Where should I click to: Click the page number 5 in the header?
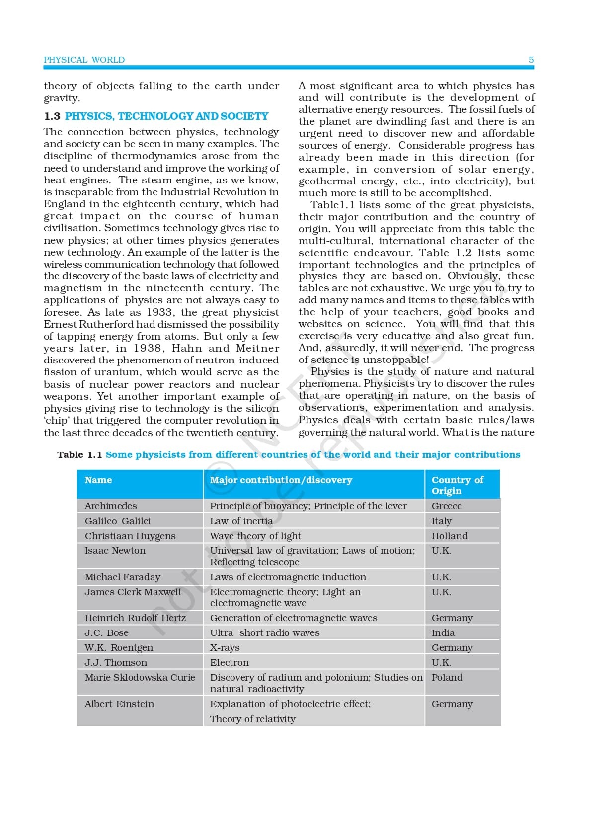coord(531,60)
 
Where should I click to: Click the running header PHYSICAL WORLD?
coord(84,60)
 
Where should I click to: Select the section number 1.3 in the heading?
coord(52,116)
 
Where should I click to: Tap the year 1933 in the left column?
coord(159,312)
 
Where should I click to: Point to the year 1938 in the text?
coord(148,348)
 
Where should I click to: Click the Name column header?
coord(98,480)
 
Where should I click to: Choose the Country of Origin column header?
coord(457,485)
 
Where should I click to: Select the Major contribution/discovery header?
coord(281,480)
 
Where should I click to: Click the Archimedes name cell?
coord(110,506)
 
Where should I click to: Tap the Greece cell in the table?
coord(446,506)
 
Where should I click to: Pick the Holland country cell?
coord(450,536)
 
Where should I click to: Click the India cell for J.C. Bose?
coord(443,632)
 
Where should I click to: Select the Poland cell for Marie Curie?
coord(447,677)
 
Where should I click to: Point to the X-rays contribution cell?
coord(225,647)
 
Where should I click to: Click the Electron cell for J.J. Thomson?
coord(229,662)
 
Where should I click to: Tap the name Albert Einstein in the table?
coord(119,704)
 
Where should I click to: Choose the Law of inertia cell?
coord(241,521)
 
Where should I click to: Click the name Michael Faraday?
coord(122,577)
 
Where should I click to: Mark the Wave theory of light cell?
coord(255,536)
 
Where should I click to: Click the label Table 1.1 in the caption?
coord(79,454)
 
